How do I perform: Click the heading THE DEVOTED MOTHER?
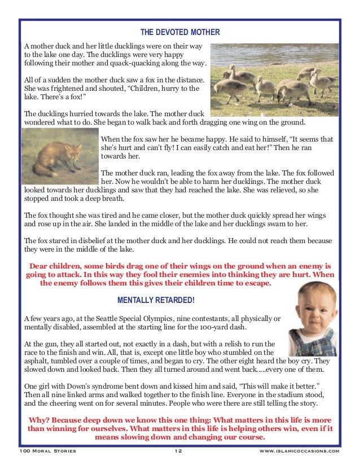[180, 32]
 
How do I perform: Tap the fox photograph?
[60, 153]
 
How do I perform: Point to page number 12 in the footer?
[178, 451]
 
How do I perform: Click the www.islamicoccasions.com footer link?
[299, 451]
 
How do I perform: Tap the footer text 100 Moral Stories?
[48, 451]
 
